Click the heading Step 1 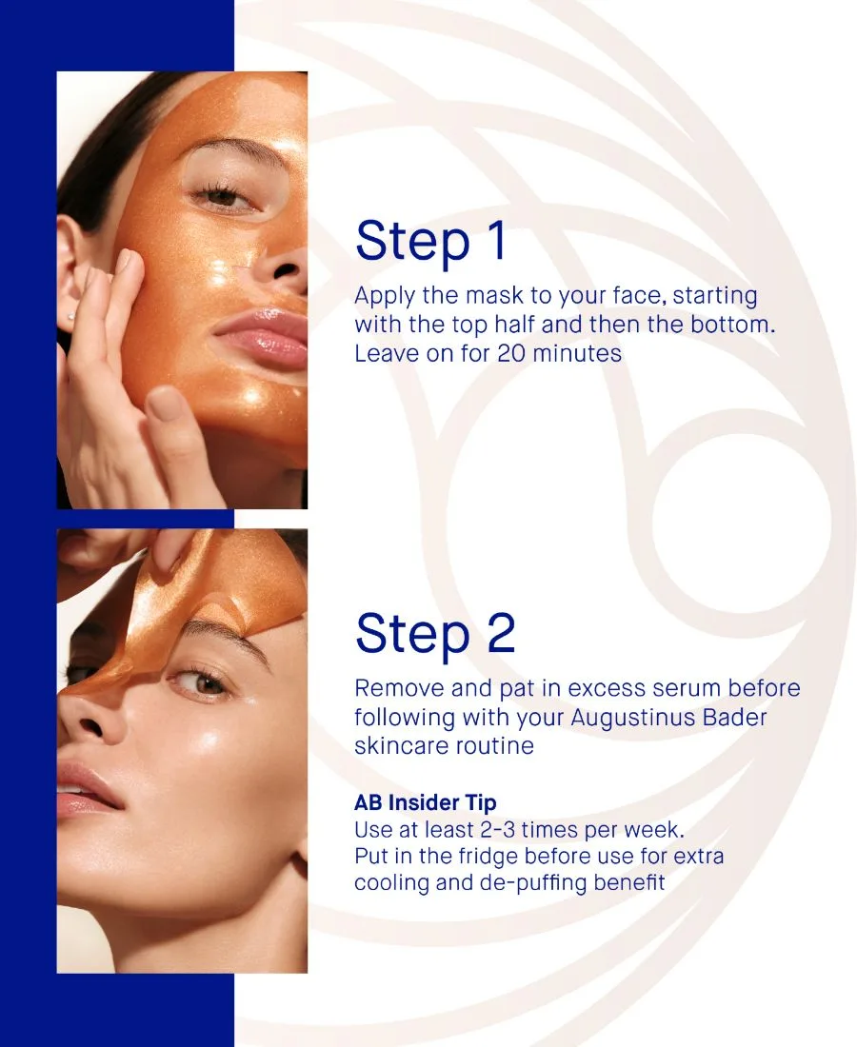tap(430, 241)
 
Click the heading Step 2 tap(435, 634)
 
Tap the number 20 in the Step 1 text tap(511, 353)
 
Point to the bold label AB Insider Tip tap(426, 802)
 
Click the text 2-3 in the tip tap(497, 830)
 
